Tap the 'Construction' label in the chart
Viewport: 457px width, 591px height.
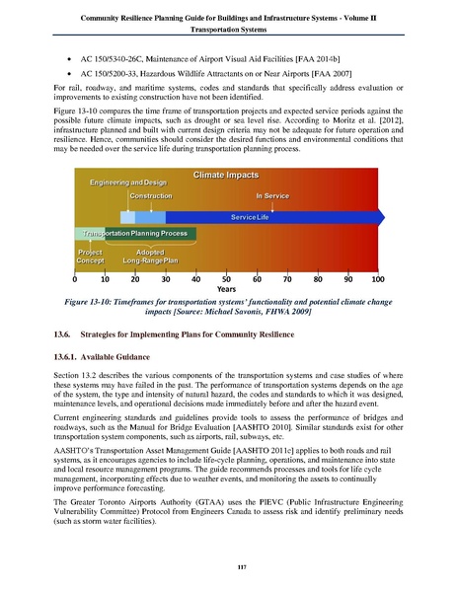[x=144, y=196]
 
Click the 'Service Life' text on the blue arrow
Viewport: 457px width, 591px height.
[x=250, y=215]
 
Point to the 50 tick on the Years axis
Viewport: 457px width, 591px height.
[x=226, y=279]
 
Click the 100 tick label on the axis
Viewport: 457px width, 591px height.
[x=377, y=279]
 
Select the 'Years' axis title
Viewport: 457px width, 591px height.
[x=227, y=290]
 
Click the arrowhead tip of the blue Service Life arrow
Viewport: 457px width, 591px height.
[x=384, y=215]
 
